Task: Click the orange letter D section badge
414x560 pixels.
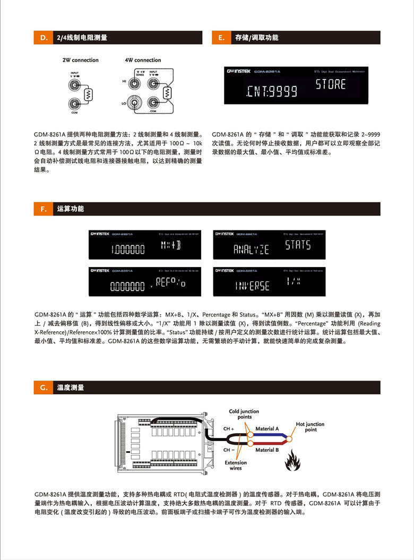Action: [43, 38]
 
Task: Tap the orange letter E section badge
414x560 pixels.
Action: [221, 38]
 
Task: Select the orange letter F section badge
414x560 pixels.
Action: [43, 209]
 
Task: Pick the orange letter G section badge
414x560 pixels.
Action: [43, 388]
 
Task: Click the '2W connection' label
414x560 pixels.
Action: [81, 61]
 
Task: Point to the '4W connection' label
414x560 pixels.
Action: [143, 61]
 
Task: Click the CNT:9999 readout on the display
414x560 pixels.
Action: [272, 92]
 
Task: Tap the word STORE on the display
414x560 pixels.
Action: [331, 84]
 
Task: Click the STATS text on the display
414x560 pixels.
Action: [298, 245]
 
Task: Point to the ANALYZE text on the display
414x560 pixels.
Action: [251, 249]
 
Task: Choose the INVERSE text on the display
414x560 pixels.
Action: [252, 286]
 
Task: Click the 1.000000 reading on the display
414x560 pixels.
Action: [127, 249]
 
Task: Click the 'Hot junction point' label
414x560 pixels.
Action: [310, 427]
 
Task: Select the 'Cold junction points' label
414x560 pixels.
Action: [244, 414]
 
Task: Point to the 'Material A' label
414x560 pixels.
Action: [268, 429]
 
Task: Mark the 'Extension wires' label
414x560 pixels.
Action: [236, 466]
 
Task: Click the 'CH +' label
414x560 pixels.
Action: [229, 429]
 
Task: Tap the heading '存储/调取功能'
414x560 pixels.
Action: [256, 38]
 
